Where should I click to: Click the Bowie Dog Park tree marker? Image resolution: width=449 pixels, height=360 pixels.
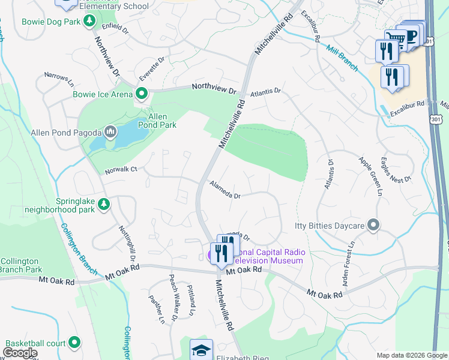click(x=89, y=22)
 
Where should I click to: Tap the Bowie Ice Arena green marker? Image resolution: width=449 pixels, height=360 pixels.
click(x=142, y=94)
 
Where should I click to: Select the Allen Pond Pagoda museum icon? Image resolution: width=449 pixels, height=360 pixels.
click(x=110, y=131)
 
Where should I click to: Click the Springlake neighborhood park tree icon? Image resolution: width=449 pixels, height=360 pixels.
click(x=104, y=205)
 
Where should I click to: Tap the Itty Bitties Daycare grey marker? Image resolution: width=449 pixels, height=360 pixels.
click(x=373, y=226)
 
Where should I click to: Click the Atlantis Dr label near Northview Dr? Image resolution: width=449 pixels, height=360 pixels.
click(x=265, y=92)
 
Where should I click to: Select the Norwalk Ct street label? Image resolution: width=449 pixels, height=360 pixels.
click(x=122, y=169)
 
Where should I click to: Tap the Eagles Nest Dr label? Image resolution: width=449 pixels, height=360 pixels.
click(x=396, y=170)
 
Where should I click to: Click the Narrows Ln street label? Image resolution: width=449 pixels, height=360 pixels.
click(x=59, y=78)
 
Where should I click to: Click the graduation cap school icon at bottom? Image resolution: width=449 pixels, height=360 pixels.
click(x=201, y=350)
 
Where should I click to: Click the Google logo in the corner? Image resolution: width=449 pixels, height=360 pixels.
click(x=20, y=353)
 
